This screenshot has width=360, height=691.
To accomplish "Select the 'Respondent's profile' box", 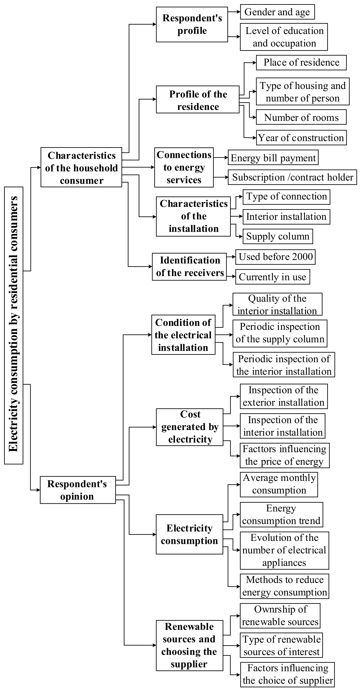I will coord(192,24).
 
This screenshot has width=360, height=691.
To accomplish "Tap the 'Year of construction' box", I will coord(301,138).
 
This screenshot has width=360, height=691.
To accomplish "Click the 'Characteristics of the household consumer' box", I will coord(81,167).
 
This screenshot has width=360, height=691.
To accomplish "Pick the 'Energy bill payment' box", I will coord(273,158).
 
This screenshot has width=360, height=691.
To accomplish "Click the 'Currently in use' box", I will coord(272,277).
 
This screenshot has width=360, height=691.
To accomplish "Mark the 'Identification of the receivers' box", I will coord(189,267).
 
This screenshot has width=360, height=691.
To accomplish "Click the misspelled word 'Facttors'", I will coord(259,449).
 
